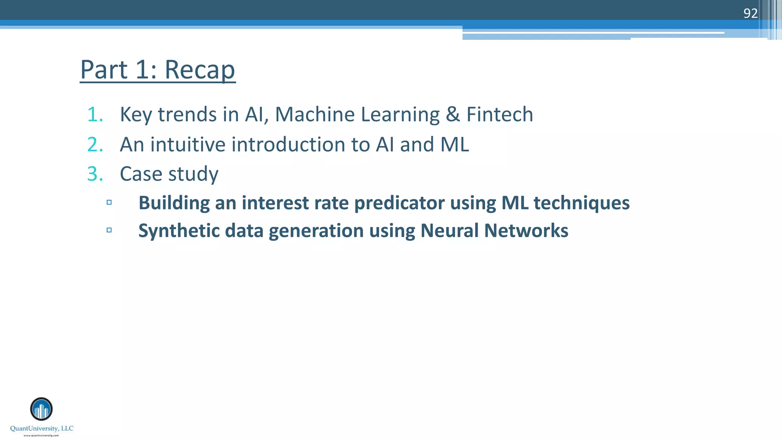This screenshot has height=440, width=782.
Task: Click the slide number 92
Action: (x=750, y=13)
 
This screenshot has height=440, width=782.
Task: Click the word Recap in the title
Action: (x=200, y=70)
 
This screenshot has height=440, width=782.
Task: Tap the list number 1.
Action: (x=95, y=115)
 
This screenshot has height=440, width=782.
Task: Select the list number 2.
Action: (x=95, y=145)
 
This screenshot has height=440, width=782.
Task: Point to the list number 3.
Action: (x=95, y=174)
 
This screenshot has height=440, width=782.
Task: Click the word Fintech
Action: (x=499, y=115)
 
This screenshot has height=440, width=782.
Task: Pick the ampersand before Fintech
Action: (x=453, y=115)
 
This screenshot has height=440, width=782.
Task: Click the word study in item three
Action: (x=193, y=174)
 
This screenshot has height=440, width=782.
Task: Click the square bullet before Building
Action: (x=109, y=202)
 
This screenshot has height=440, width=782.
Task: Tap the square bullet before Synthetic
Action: (x=109, y=230)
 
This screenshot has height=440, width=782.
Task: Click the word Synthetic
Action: (x=179, y=231)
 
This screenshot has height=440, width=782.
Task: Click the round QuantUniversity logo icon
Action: (x=41, y=409)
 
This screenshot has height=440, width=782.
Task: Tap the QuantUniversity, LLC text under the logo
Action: (x=42, y=429)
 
